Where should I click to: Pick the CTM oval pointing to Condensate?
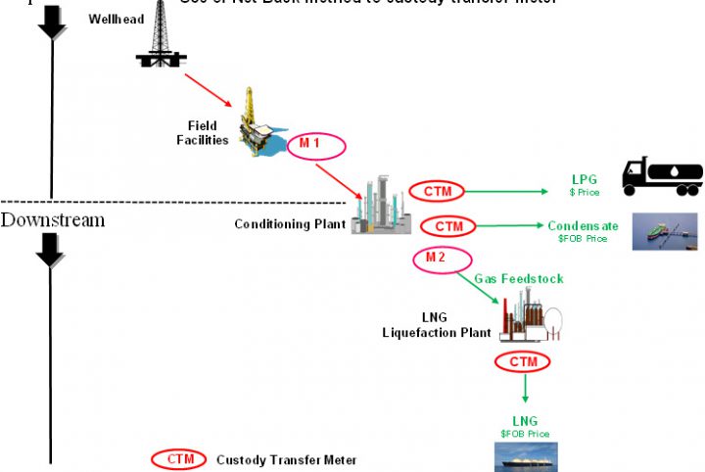[447, 226]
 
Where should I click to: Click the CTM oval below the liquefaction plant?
[523, 362]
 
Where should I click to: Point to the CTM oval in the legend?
[179, 459]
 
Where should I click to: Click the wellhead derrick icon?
[161, 37]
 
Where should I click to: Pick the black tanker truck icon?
[662, 176]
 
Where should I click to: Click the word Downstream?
[53, 220]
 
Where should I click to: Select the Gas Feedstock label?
[519, 279]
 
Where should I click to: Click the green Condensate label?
[583, 226]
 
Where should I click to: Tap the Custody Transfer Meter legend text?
[286, 460]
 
